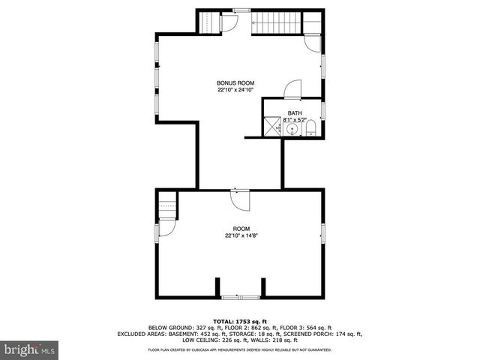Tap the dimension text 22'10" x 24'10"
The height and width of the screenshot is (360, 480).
(235, 90)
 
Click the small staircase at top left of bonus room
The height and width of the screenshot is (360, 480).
(211, 22)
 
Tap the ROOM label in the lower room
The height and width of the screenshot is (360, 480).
(240, 229)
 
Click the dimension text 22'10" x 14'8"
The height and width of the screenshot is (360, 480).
(240, 236)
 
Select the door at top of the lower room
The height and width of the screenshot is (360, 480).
(240, 200)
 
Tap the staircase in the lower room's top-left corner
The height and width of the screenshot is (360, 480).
(166, 203)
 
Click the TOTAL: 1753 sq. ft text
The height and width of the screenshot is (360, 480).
(240, 321)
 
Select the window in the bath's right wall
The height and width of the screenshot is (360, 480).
(322, 110)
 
